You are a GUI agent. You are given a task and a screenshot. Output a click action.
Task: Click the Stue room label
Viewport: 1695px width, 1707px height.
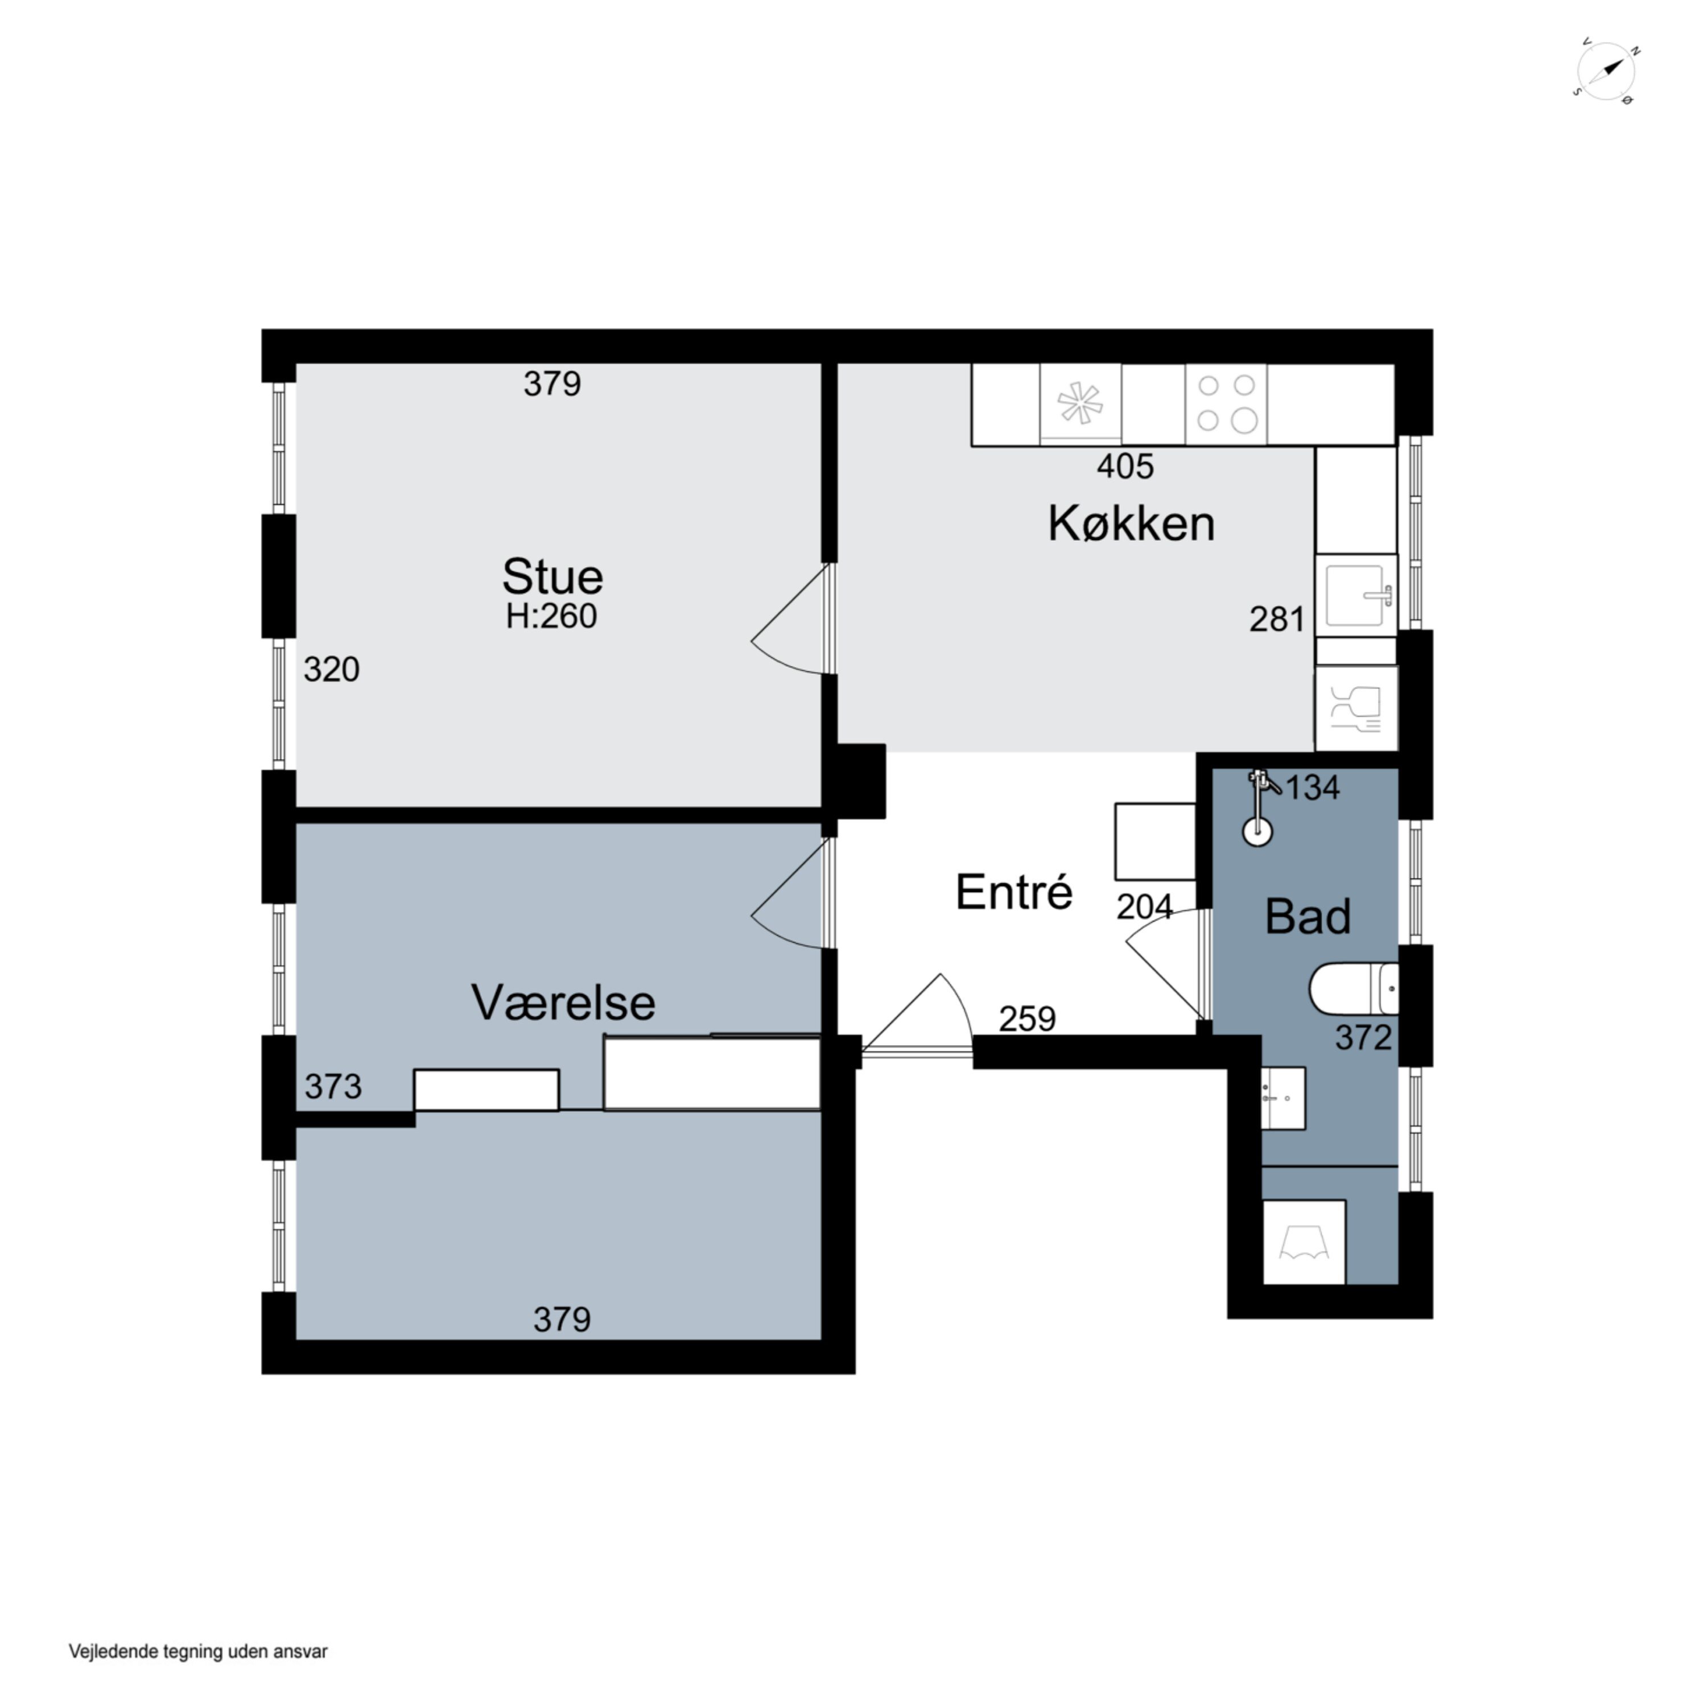(552, 577)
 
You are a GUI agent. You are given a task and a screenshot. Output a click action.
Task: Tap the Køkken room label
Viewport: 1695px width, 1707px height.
(1131, 524)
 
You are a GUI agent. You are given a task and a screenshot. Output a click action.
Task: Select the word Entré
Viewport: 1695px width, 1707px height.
(1013, 892)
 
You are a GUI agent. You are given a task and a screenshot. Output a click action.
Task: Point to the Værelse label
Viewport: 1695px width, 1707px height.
(563, 1003)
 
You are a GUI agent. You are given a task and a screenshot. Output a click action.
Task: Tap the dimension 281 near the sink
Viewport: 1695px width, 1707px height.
(1276, 620)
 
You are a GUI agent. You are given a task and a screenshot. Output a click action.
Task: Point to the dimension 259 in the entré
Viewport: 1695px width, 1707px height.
(1027, 1019)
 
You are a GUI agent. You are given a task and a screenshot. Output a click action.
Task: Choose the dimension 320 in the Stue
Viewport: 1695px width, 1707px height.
(331, 670)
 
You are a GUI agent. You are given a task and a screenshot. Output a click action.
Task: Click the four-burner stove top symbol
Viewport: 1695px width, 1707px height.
(1226, 404)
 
